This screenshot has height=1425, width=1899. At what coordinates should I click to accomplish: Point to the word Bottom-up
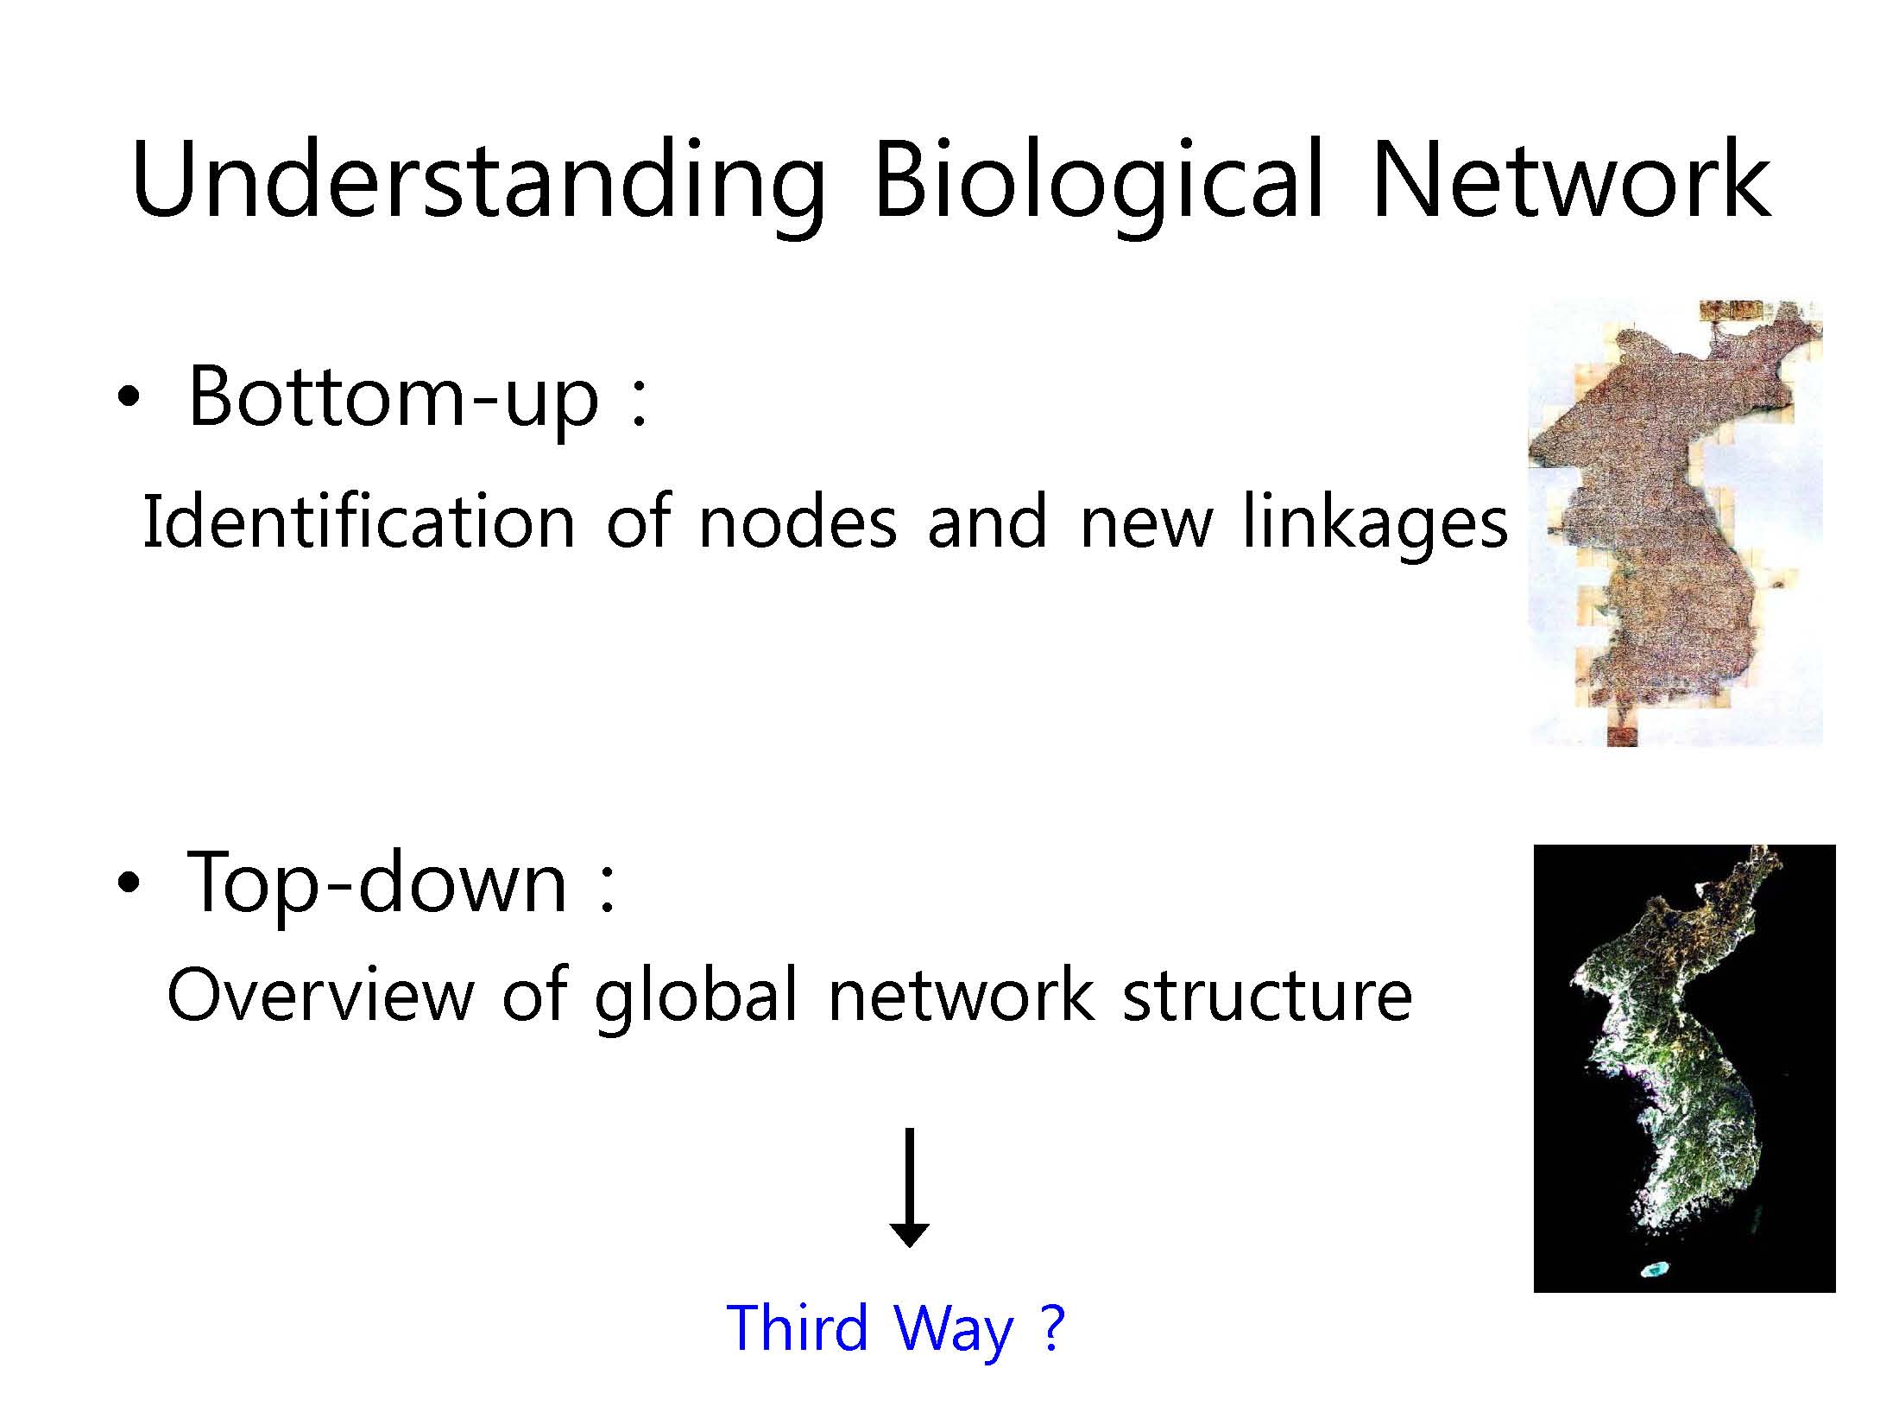pos(394,396)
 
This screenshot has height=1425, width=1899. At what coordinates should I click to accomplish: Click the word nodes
pos(797,522)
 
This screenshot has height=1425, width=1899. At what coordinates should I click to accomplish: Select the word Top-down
pos(377,881)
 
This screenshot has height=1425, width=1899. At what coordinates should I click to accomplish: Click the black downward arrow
pos(909,1187)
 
